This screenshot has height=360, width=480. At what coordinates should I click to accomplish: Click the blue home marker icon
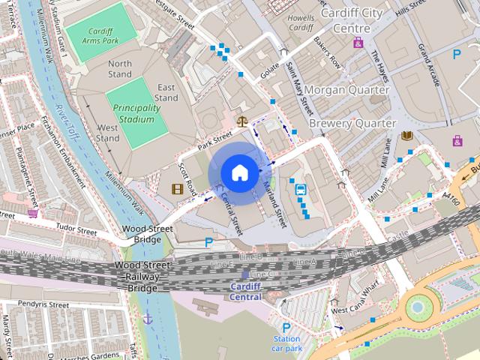tap(239, 172)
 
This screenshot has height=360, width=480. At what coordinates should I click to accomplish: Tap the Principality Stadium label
tap(136, 113)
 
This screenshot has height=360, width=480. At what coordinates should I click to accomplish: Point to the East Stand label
tap(166, 92)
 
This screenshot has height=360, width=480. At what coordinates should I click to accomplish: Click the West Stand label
tap(108, 133)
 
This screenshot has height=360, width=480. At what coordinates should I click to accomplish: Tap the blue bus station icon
tap(301, 190)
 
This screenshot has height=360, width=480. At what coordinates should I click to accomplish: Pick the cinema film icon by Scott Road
tap(178, 189)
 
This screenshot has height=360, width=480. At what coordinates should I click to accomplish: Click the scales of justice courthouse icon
tap(242, 120)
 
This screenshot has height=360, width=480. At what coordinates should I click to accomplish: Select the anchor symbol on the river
tap(148, 319)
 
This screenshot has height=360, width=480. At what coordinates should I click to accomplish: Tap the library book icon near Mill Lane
tap(407, 136)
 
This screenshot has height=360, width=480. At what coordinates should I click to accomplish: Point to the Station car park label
tap(286, 343)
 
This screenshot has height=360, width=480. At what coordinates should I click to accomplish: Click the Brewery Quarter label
tap(352, 122)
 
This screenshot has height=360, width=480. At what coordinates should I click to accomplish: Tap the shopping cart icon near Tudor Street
tap(33, 214)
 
